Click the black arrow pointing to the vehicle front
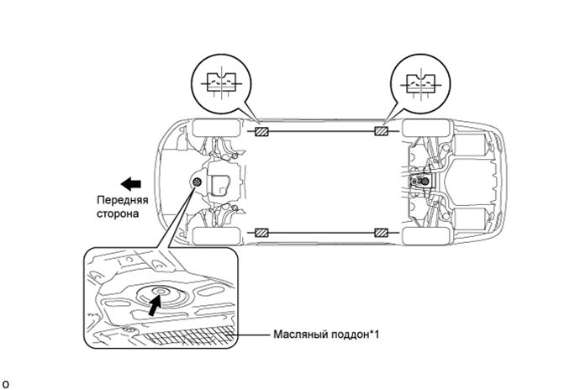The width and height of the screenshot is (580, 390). coord(131,184)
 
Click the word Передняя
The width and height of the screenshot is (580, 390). coord(123,200)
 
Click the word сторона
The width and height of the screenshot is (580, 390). coord(118,213)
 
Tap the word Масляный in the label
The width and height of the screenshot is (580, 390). coord(300,335)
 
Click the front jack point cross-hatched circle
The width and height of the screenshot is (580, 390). coord(198,182)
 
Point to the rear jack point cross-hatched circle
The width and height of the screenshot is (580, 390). coord(425,182)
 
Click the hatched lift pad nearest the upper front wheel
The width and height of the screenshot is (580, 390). coord(261,131)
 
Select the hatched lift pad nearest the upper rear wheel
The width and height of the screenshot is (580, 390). coord(381,131)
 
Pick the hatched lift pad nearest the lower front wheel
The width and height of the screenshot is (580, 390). coord(261,233)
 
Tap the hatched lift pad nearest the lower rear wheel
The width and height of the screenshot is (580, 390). coord(381,233)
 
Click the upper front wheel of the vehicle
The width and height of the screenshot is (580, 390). coord(216,128)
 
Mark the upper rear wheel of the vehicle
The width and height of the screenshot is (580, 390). coord(426,128)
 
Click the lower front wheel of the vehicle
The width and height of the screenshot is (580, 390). coord(216,236)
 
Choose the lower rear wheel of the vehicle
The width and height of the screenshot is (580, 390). coord(426,236)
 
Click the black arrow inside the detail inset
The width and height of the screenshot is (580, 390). coord(155,305)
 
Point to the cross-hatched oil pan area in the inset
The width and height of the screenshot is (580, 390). coord(187,336)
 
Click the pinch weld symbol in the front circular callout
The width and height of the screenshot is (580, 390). coord(221,83)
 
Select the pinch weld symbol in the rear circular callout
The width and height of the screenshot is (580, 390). coord(420,84)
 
